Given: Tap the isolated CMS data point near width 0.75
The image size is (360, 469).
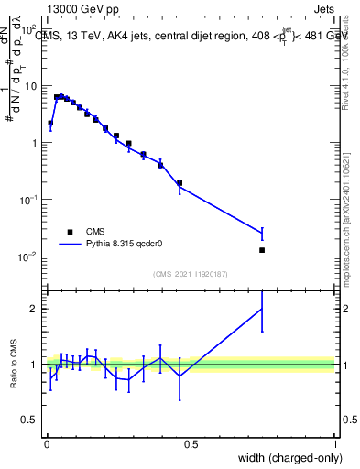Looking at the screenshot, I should (262, 250).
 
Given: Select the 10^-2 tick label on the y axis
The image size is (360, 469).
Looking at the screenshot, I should (27, 256).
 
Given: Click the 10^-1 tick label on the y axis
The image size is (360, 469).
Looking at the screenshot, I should (27, 200).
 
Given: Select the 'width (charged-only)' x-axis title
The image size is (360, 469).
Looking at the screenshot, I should (287, 458).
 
